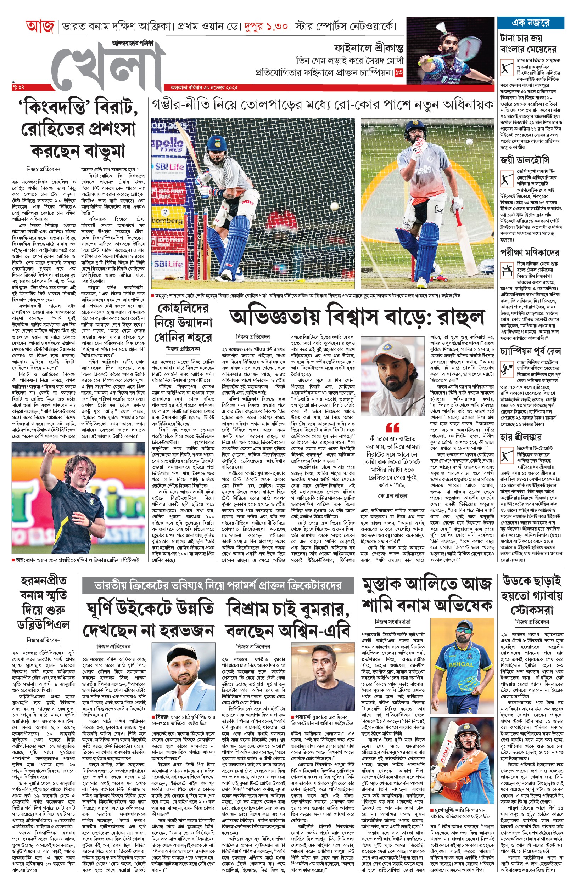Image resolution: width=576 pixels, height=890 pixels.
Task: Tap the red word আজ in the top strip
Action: [x=40, y=27]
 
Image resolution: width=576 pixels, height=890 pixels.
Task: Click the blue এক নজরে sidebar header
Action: [x=530, y=23]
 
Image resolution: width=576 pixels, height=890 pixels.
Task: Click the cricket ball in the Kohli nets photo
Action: [x=334, y=206]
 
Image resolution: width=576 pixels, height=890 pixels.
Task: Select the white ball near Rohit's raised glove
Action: [x=469, y=142]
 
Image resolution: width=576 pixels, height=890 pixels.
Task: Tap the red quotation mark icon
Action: [x=393, y=427]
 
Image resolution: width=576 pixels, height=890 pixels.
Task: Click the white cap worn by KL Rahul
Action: [x=391, y=347]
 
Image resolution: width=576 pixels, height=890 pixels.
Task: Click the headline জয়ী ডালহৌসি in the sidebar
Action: [x=524, y=160]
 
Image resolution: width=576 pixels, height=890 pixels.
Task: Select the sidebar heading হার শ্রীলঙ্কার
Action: [x=521, y=436]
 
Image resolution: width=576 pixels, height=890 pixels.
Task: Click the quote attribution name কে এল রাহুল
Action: [x=393, y=496]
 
